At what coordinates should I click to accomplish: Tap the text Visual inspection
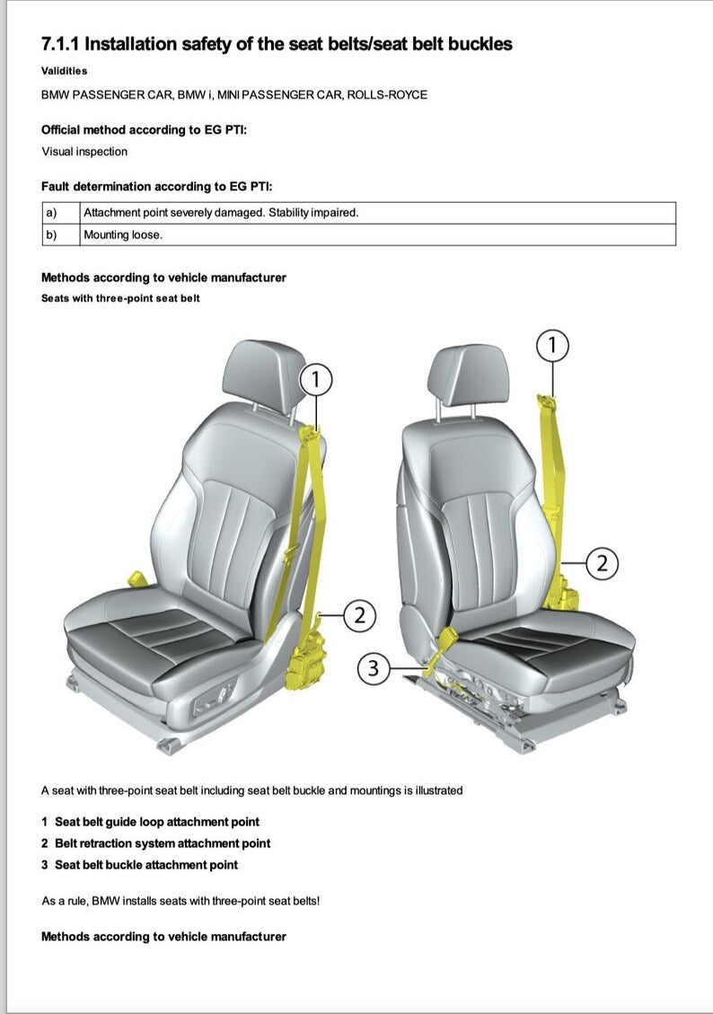84,152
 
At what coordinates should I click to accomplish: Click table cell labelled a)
60,213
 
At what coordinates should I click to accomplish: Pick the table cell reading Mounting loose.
123,234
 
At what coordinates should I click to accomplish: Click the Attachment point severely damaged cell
221,213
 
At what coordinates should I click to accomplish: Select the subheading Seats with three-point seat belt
120,298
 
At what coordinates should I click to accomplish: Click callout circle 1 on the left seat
316,380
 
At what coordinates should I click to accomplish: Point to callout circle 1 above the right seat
553,344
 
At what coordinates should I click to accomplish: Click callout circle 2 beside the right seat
603,564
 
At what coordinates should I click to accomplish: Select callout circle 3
374,669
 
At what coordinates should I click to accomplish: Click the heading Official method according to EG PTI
144,130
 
